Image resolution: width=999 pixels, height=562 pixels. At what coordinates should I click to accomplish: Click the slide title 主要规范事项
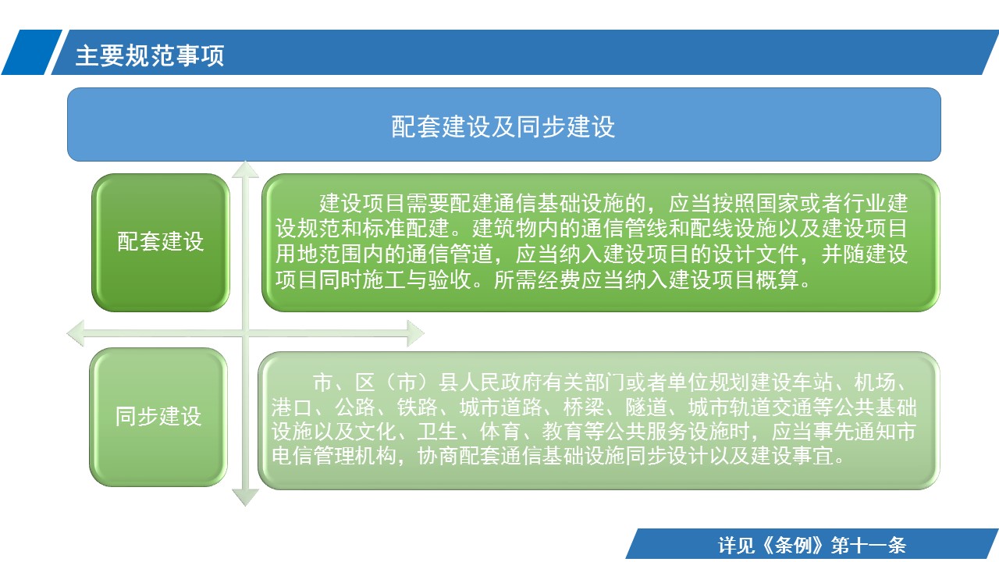coord(150,55)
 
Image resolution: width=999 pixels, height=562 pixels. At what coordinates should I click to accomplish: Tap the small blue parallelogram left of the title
coord(31,52)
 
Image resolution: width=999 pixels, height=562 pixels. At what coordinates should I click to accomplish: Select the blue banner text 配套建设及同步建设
coord(503,126)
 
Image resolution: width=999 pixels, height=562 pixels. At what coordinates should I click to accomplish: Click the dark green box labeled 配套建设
coord(161,242)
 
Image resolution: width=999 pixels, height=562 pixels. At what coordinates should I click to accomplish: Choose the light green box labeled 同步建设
coord(158,417)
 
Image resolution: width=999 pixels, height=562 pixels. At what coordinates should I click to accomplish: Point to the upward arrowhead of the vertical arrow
coord(245,169)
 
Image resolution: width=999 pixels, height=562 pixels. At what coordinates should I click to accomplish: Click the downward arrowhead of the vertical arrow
coord(245,497)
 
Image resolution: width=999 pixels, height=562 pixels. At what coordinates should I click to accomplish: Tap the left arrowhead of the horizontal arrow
coord(76,333)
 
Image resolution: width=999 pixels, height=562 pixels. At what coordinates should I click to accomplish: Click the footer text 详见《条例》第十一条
coord(812,545)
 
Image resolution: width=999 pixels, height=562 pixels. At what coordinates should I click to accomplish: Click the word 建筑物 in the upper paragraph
coord(504,229)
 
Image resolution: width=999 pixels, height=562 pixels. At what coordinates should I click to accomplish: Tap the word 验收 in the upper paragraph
coord(450,280)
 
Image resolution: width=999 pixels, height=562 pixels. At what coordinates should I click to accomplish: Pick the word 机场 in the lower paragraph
coord(875,382)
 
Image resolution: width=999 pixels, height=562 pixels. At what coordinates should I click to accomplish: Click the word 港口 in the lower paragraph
coord(292,407)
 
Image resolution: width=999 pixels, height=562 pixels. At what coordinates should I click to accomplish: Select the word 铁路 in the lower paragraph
coord(417,407)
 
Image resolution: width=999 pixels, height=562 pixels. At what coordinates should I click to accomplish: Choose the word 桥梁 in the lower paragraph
coord(583,407)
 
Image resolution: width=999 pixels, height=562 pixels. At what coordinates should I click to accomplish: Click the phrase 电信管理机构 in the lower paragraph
coord(333,457)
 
